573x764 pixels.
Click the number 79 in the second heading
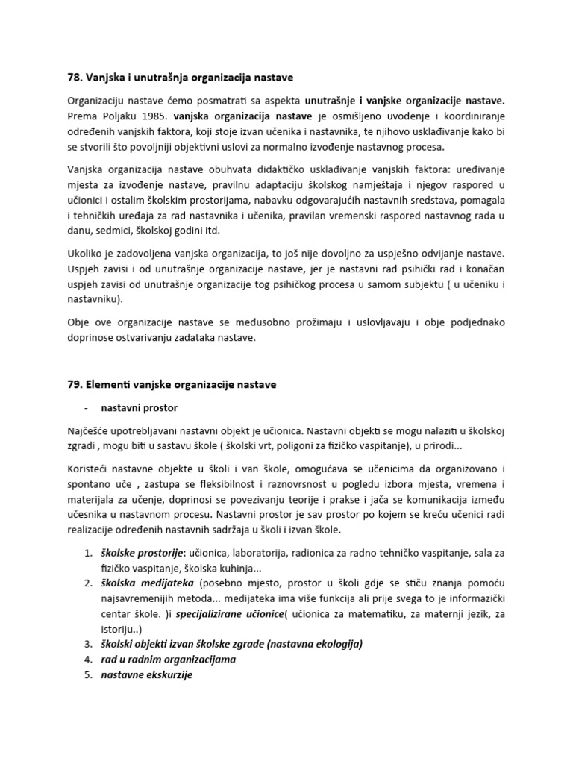(73, 384)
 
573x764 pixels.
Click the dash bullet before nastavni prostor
(86, 408)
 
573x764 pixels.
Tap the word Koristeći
(90, 468)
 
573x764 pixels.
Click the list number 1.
(86, 554)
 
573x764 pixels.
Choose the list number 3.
(86, 643)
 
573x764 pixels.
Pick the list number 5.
(86, 676)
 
